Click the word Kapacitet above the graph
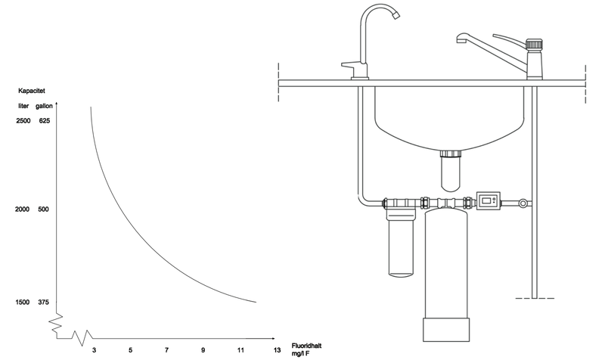pos(32,91)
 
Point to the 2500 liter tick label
pos(23,121)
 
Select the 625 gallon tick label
pos(45,121)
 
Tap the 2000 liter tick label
pos(22,209)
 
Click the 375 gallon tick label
pos(44,302)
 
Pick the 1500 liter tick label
pos(23,302)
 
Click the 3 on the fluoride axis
pos(94,350)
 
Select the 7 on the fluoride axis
pos(166,350)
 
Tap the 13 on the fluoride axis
pos(277,350)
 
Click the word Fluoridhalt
pos(306,346)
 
